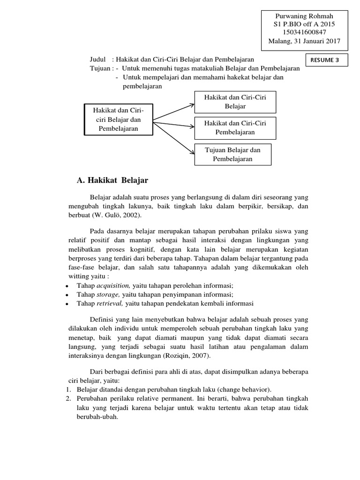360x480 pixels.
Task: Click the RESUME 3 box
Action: (327, 60)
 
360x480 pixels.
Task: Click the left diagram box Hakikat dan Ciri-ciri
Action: (118, 120)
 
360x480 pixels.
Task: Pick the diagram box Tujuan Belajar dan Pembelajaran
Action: (233, 154)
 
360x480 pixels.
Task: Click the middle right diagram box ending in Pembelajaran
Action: (235, 127)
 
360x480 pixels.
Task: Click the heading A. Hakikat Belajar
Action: (112, 180)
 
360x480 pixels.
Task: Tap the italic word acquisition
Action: (113, 285)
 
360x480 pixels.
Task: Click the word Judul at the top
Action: (98, 60)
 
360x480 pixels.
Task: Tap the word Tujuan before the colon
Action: (100, 68)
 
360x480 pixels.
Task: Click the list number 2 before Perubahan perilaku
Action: (68, 398)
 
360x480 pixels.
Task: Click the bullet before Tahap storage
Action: (67, 295)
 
